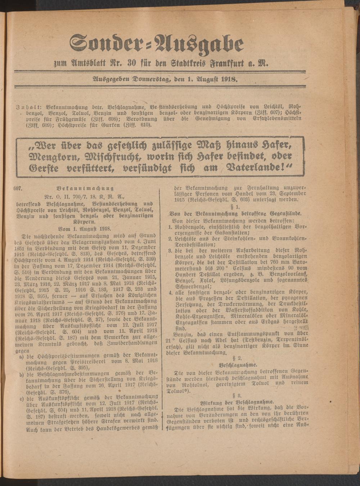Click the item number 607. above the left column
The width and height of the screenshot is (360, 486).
(18, 188)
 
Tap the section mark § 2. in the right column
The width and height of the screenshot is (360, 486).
(237, 358)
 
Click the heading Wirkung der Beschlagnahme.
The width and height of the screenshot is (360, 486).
(237, 402)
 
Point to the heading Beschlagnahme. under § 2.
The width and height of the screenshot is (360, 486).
(237, 365)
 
